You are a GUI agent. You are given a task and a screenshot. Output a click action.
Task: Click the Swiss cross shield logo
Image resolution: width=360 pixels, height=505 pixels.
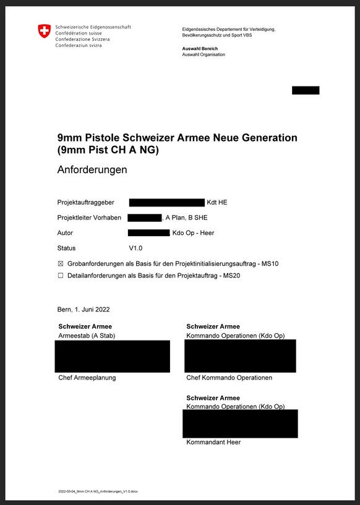point(44,32)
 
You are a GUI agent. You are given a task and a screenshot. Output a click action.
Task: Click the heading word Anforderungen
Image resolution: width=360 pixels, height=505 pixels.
point(92,169)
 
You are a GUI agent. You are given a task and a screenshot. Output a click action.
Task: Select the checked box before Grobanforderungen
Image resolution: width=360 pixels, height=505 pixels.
point(61,264)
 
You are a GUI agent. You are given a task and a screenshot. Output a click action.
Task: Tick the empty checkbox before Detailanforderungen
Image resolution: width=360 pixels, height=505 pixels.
point(61,276)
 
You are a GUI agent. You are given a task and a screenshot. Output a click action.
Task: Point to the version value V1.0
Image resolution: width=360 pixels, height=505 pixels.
point(135,248)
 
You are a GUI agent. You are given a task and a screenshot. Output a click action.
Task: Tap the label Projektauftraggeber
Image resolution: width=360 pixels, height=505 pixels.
point(85,203)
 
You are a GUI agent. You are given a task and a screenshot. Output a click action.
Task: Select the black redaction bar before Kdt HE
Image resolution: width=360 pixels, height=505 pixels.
point(166,203)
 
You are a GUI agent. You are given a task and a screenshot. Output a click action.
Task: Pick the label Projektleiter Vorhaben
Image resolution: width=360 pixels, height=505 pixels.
point(89,218)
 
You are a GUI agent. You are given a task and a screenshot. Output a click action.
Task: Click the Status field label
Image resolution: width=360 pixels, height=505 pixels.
point(66,248)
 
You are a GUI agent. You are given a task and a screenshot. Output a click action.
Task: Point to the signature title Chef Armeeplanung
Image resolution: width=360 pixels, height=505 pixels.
point(87,378)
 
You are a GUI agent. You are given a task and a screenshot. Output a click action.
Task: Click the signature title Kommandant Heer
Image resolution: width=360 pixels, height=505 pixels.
point(213,443)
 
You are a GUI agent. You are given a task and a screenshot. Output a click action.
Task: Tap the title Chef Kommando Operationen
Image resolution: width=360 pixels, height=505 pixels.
point(229,378)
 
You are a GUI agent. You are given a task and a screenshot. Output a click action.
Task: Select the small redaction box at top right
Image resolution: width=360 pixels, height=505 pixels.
point(306,90)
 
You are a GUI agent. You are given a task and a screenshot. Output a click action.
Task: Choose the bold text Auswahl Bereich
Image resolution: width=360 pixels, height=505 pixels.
point(200,48)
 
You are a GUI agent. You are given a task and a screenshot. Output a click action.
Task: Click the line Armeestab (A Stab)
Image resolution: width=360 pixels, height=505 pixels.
point(87,335)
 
